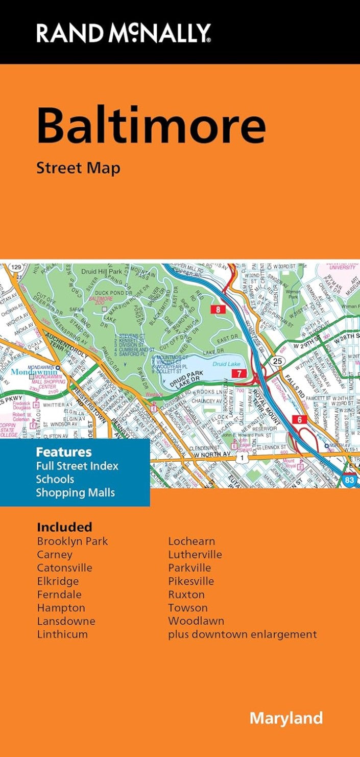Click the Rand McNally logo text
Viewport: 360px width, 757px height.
123,34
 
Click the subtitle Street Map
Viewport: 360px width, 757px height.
78,168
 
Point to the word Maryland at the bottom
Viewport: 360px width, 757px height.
286,718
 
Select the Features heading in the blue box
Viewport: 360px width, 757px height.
64,452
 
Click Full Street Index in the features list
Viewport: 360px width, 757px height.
77,466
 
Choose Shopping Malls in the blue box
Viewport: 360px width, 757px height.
75,492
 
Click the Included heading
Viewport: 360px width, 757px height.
64,527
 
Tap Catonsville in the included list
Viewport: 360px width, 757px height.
64,568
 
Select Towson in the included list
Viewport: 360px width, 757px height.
188,608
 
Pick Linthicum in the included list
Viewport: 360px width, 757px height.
62,634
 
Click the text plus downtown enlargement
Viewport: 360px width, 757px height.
243,634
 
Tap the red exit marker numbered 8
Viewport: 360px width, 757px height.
219,309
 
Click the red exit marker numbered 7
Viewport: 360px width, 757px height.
238,373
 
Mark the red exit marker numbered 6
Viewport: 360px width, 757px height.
299,420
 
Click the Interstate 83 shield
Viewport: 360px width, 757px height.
349,480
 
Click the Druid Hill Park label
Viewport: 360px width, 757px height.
102,271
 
